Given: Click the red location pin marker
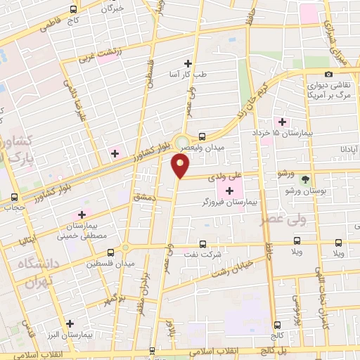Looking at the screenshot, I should [181, 166].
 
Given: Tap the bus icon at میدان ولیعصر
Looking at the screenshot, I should [202, 136].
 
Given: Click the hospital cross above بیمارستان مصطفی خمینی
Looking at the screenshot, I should [82, 214].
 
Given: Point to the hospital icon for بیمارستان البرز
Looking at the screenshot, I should [70, 324].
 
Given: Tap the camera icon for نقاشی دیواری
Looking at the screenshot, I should [328, 74].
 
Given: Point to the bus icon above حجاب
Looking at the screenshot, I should [15, 196].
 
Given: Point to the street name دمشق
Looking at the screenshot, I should [143, 200].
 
